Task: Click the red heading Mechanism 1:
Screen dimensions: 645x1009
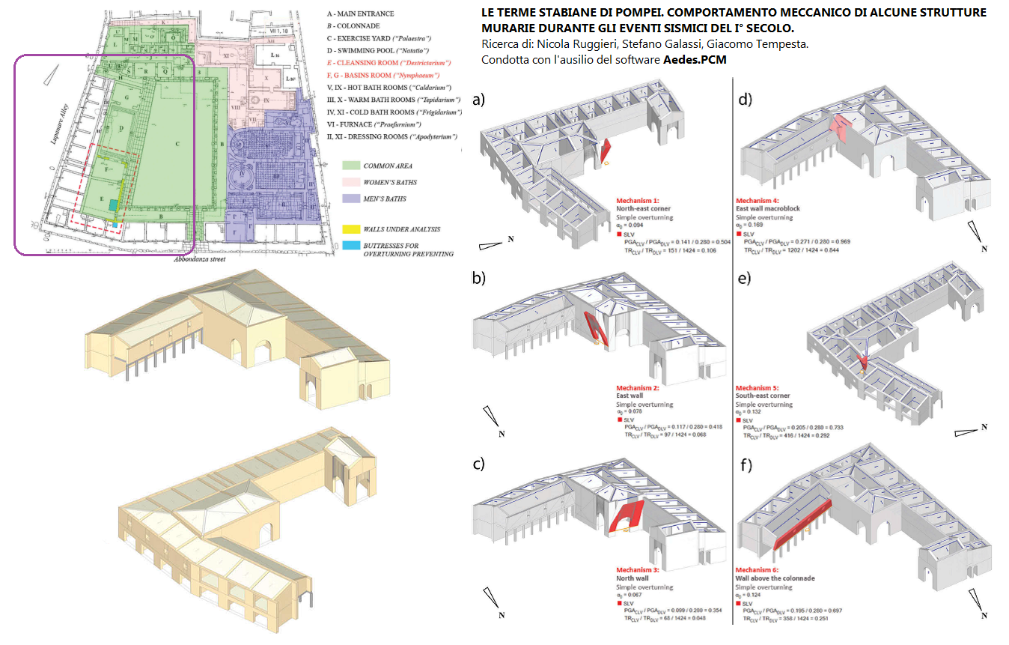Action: (x=638, y=202)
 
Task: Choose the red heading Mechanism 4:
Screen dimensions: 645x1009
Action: (x=757, y=201)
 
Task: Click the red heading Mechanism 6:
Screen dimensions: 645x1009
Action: (x=757, y=570)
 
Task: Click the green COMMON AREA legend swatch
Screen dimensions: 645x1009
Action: (x=350, y=166)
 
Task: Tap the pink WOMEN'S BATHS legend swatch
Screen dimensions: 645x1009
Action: (x=350, y=182)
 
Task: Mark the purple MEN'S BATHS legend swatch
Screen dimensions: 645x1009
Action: (x=350, y=199)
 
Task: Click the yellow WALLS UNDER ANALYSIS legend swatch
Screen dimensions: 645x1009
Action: (x=350, y=228)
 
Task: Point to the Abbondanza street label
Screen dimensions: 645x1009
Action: (x=204, y=260)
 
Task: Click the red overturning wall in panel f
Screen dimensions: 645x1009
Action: (x=802, y=522)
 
